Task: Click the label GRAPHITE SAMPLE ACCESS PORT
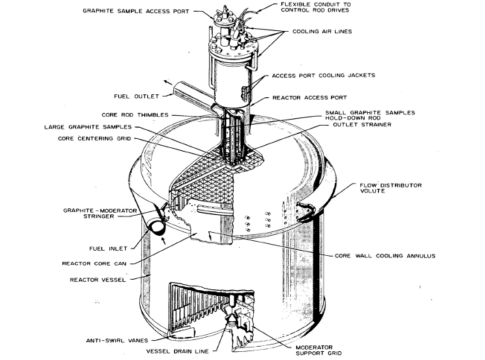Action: tap(136, 11)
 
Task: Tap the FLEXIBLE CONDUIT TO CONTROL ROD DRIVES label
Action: tap(315, 7)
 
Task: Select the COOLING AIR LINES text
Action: tap(322, 31)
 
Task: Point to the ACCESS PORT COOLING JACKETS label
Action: tap(323, 76)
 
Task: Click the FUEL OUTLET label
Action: tap(136, 96)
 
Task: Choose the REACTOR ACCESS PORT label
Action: tap(310, 98)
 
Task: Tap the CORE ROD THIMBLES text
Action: tap(135, 115)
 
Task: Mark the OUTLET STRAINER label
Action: tap(362, 125)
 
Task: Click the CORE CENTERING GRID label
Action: tap(94, 138)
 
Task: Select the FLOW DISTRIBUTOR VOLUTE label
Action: tap(391, 188)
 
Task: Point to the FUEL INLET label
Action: tap(108, 249)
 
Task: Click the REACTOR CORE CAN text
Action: tap(94, 264)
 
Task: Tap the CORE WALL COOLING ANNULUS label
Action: tap(385, 256)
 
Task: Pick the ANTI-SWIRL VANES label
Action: tap(117, 341)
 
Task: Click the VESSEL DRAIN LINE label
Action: tap(178, 351)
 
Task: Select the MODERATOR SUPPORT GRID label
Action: tap(319, 350)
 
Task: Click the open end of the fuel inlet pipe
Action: tap(157, 227)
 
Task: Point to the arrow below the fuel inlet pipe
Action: tap(163, 241)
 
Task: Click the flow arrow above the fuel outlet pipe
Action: tap(168, 82)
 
